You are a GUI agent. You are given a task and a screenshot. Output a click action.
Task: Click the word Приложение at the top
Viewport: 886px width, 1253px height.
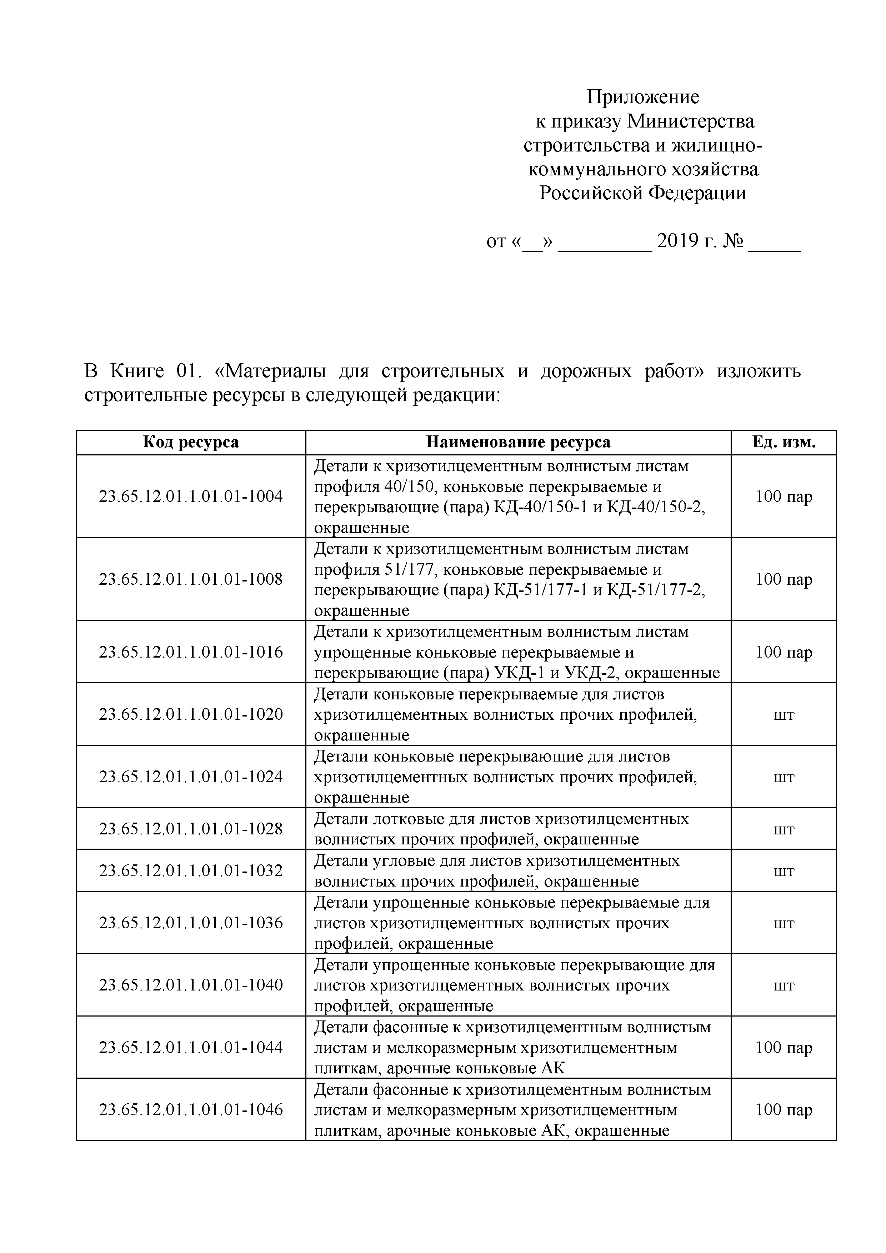click(643, 97)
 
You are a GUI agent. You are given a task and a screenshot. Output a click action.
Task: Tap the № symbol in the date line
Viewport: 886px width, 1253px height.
click(733, 241)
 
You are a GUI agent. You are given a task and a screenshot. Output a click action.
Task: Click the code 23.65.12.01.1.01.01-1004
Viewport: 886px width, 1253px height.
click(191, 496)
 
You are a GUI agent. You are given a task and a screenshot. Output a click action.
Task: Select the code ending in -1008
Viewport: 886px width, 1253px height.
click(191, 579)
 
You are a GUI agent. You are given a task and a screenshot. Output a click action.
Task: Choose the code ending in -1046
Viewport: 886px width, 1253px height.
click(191, 1109)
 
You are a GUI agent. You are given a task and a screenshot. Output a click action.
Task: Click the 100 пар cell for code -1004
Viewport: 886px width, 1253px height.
click(784, 496)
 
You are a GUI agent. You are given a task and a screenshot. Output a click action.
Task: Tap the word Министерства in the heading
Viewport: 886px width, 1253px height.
click(690, 121)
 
